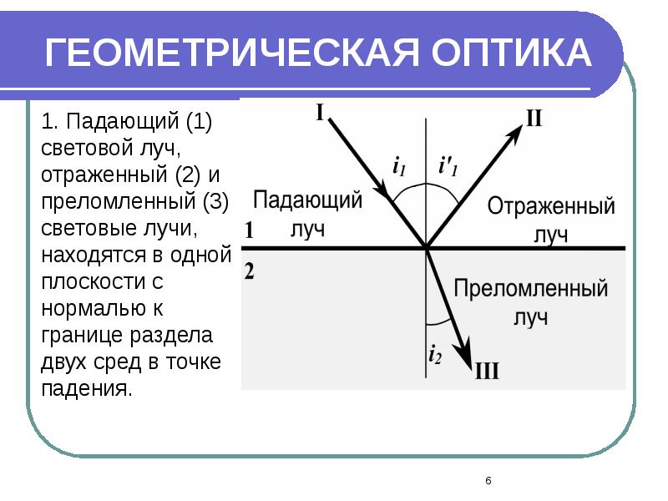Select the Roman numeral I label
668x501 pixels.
click(x=320, y=111)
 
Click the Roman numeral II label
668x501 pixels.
click(x=534, y=119)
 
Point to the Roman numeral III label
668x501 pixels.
click(x=487, y=371)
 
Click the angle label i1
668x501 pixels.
click(x=399, y=166)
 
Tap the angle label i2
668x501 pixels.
click(x=434, y=354)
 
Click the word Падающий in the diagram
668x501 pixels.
click(x=307, y=201)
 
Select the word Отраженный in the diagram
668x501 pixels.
click(x=551, y=206)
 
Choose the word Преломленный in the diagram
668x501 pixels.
click(x=530, y=290)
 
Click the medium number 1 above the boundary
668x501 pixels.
click(x=248, y=231)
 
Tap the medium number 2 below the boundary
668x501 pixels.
click(x=248, y=270)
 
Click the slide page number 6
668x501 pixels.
click(x=488, y=480)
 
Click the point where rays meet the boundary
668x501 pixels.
click(x=427, y=248)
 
